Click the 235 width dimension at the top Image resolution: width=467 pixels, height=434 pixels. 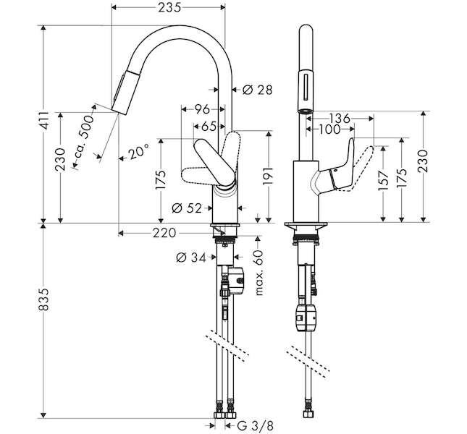point(169,7)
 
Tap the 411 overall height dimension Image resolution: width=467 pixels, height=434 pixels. point(44,121)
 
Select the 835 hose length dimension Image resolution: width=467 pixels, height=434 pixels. point(43,299)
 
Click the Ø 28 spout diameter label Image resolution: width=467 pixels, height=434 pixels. point(257,90)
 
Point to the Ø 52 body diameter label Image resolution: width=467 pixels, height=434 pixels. point(187,208)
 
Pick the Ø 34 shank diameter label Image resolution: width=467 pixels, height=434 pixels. point(191,258)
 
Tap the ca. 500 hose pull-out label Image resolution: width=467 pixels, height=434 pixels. point(83,137)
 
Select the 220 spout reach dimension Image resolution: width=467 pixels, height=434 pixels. point(164,233)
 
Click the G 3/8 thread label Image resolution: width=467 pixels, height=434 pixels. point(256,426)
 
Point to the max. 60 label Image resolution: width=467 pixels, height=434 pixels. point(260,273)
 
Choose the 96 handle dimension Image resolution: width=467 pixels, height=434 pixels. point(202,109)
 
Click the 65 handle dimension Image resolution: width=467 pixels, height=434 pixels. point(209,127)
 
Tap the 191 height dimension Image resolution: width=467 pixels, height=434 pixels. point(268,176)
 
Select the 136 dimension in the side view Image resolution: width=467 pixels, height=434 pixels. point(340,119)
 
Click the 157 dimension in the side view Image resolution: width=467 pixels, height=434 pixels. point(383,180)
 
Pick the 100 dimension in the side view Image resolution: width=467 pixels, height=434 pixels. point(329,129)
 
